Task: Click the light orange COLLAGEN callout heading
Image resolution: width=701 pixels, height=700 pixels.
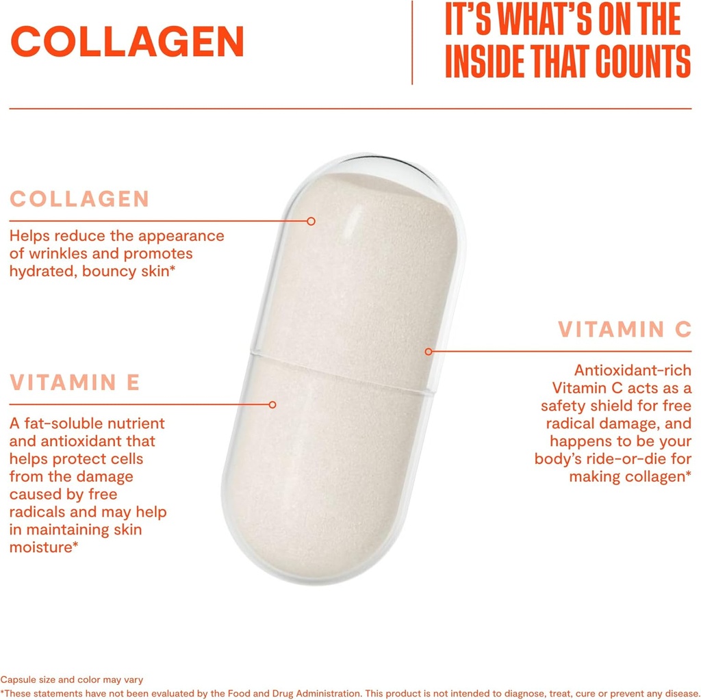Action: click(x=79, y=199)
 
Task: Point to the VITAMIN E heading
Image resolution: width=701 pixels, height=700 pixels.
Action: click(x=75, y=382)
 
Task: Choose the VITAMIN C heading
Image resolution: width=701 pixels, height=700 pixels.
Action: click(x=624, y=329)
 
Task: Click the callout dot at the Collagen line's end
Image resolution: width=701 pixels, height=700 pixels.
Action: click(x=311, y=221)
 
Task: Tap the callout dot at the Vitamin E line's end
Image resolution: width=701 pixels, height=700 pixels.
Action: click(x=272, y=404)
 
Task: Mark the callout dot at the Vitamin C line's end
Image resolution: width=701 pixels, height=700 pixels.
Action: click(x=428, y=352)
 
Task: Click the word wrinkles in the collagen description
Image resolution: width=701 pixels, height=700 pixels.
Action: click(x=54, y=254)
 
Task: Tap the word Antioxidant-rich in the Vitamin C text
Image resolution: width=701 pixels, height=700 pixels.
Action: click(x=633, y=370)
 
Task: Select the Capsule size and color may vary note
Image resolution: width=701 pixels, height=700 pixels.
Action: click(x=71, y=679)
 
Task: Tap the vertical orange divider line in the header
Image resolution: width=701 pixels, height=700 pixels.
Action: click(x=412, y=42)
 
